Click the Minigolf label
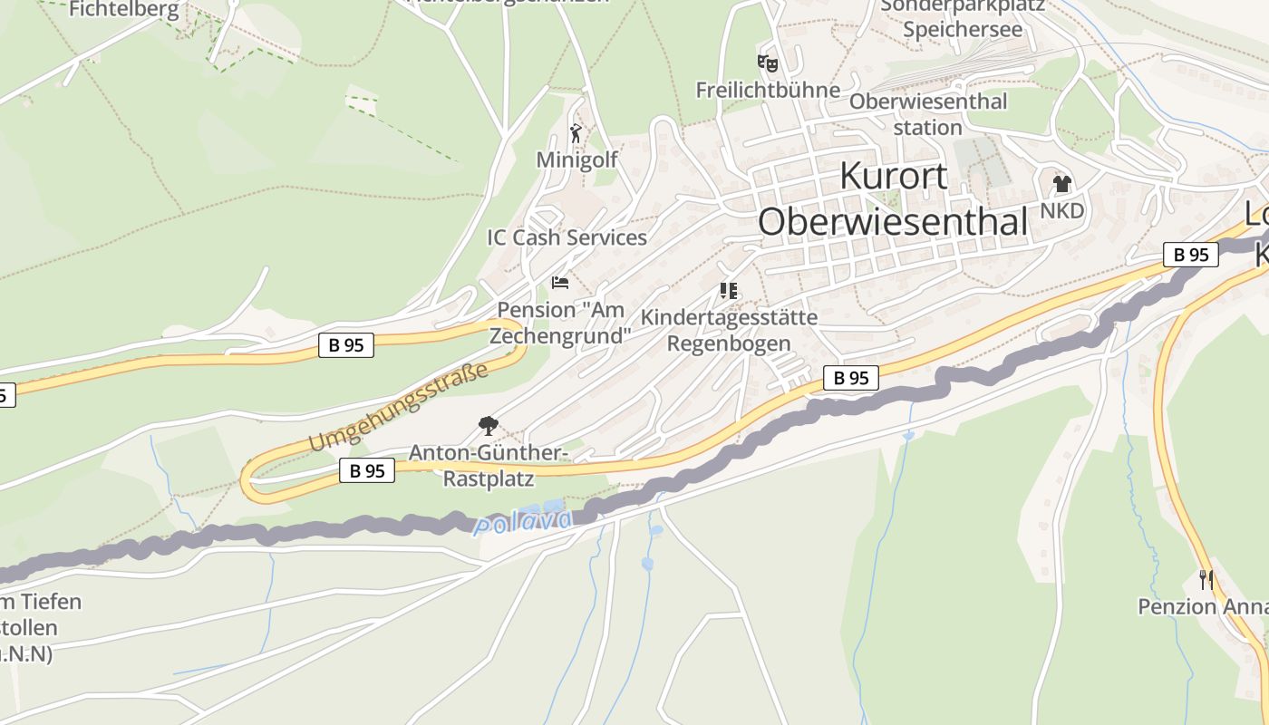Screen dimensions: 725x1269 [x=576, y=159]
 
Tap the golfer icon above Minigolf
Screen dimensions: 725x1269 [x=576, y=133]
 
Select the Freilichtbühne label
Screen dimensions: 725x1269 [x=768, y=90]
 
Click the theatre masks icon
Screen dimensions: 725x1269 [x=768, y=63]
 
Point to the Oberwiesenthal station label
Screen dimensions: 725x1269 [x=927, y=114]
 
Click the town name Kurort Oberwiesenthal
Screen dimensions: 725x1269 [x=894, y=198]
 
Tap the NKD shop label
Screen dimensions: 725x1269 [x=1062, y=210]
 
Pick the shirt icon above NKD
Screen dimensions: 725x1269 [x=1062, y=184]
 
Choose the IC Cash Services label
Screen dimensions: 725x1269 [x=567, y=237]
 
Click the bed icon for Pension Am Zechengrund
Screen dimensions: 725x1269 [x=560, y=283]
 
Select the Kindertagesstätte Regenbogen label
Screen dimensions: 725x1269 [x=729, y=331]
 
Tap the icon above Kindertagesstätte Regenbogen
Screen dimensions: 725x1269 [x=729, y=291]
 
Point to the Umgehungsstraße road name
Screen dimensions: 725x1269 [x=399, y=407]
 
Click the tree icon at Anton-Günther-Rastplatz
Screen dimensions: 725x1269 [x=488, y=424]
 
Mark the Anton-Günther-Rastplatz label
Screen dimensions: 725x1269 [x=488, y=464]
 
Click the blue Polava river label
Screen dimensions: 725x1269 [x=524, y=522]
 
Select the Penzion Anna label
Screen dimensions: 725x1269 [x=1202, y=606]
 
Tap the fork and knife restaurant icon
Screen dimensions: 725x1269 [x=1206, y=579]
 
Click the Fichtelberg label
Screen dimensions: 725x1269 [x=124, y=10]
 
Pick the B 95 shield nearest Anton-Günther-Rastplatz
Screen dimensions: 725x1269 [x=367, y=470]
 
